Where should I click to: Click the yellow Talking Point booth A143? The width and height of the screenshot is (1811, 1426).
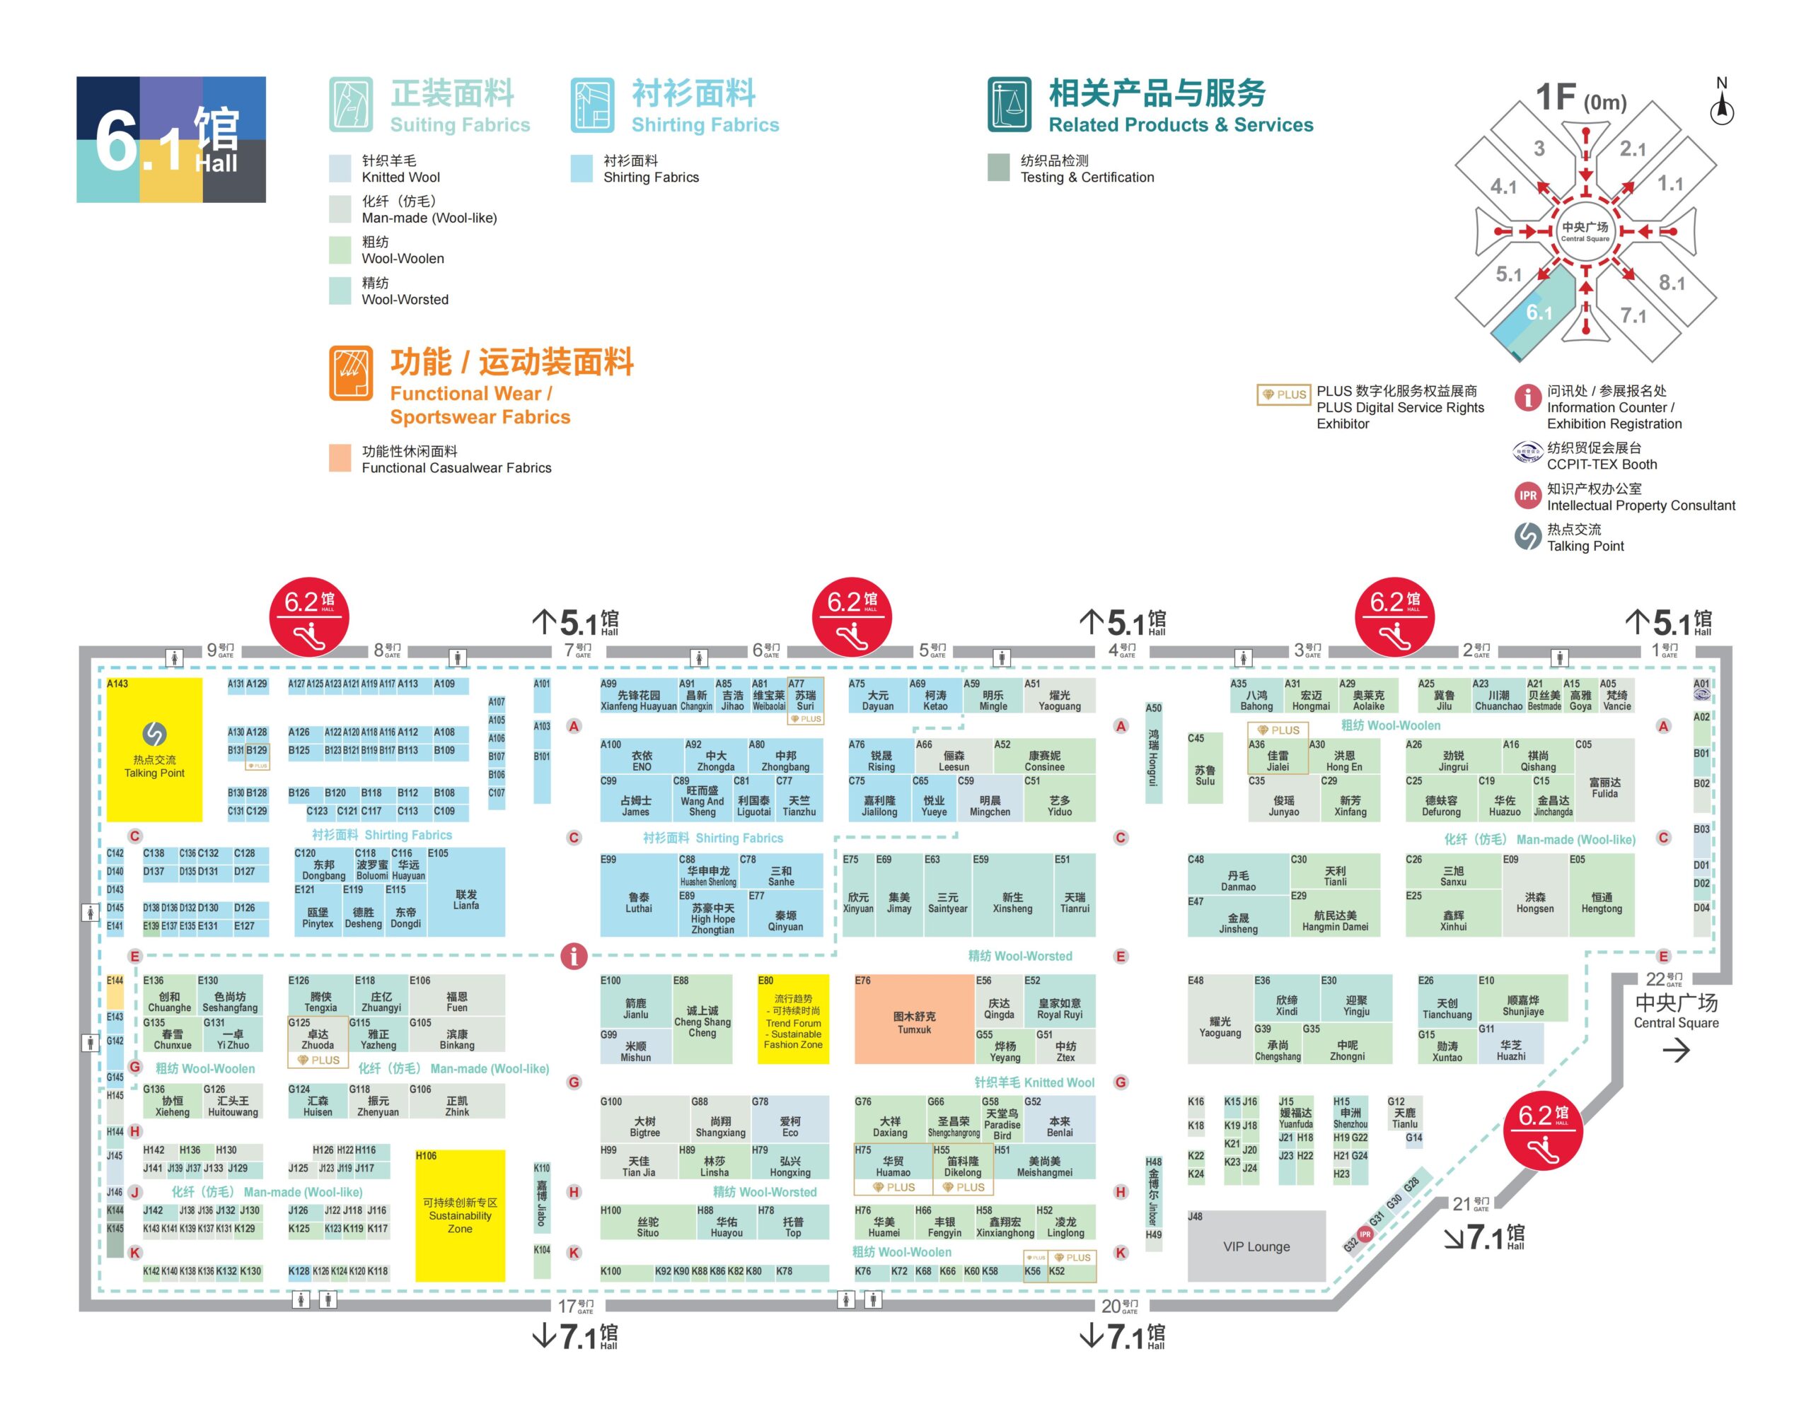154,749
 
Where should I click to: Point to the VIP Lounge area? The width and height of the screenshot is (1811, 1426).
1256,1246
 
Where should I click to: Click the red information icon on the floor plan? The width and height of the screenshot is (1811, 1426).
573,955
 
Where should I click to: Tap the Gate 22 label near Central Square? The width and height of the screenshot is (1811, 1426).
1663,979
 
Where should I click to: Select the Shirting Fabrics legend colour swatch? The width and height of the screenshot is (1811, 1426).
582,168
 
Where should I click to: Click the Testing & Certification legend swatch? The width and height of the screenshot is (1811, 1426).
998,168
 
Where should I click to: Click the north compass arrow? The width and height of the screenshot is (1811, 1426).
1722,106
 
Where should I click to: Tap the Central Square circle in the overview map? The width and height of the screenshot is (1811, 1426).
1585,231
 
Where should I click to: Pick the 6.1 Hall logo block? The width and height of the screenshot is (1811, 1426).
171,139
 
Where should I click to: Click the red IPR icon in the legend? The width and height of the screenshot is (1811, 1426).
1527,496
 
